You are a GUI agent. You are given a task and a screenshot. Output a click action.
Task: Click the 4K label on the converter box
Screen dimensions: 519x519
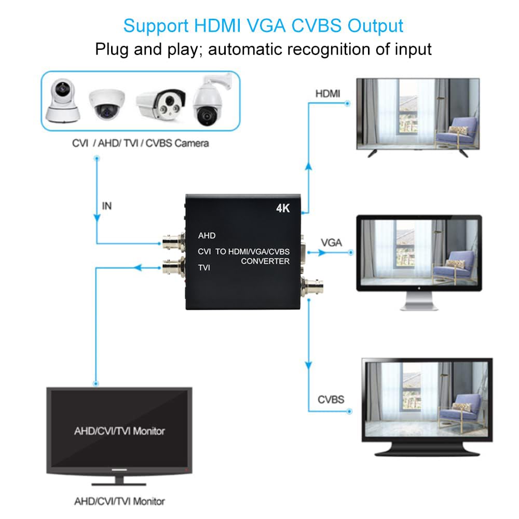pos(283,209)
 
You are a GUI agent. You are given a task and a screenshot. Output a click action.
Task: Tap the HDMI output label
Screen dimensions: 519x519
pos(328,93)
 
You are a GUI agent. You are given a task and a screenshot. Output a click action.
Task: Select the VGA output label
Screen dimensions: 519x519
pos(331,242)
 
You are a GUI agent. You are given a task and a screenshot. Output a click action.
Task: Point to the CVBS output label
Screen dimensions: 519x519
pos(331,400)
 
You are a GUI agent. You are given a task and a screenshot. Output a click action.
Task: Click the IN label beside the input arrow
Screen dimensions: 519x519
pos(106,206)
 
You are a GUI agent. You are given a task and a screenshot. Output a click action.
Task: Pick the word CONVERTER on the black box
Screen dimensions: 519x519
pos(265,261)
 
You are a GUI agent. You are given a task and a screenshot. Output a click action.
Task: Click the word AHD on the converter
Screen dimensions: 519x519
pos(207,236)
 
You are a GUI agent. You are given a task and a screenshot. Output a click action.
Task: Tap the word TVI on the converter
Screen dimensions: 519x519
pos(206,267)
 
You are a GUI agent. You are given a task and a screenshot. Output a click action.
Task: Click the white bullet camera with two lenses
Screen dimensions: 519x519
pos(161,104)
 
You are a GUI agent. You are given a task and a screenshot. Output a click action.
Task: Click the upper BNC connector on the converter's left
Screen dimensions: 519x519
pos(173,242)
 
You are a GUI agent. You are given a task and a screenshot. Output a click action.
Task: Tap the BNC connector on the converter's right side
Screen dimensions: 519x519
pos(313,284)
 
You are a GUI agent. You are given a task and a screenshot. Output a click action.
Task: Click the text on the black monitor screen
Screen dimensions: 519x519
pos(119,431)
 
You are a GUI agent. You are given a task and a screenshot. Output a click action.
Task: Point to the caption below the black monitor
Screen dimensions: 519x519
pos(119,501)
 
